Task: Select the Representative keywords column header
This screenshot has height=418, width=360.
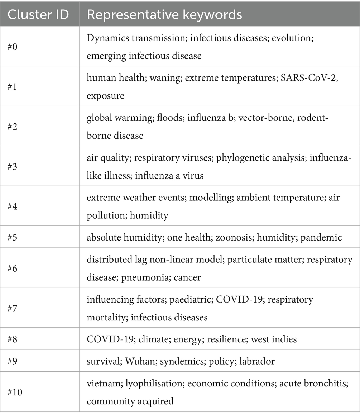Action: click(x=164, y=14)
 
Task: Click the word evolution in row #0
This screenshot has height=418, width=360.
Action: click(x=293, y=38)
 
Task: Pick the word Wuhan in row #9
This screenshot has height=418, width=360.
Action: click(x=137, y=361)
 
